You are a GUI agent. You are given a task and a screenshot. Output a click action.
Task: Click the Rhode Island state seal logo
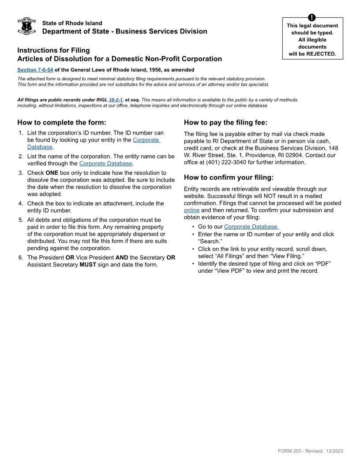pyautogui.click(x=26, y=26)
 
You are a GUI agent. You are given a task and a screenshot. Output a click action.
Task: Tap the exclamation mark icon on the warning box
pyautogui.click(x=312, y=18)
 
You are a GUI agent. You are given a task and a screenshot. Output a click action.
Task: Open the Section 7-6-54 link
pyautogui.click(x=35, y=70)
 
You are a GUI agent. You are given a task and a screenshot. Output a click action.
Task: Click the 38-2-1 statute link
pyautogui.click(x=115, y=100)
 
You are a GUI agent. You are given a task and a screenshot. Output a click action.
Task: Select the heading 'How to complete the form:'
pyautogui.click(x=62, y=123)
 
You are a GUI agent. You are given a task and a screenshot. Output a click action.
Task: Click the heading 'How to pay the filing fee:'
pyautogui.click(x=225, y=123)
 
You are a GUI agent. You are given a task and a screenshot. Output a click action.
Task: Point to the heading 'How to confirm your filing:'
pyautogui.click(x=229, y=177)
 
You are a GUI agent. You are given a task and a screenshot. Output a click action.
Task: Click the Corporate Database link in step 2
pyautogui.click(x=106, y=163)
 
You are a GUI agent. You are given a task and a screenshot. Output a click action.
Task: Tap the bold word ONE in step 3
pyautogui.click(x=52, y=173)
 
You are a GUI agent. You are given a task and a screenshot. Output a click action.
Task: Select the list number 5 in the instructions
pyautogui.click(x=21, y=220)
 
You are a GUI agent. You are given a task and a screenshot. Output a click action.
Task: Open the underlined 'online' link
pyautogui.click(x=191, y=210)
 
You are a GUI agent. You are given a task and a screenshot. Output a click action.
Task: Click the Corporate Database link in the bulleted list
pyautogui.click(x=251, y=227)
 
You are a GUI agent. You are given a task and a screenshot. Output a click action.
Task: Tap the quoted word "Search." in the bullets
pyautogui.click(x=210, y=241)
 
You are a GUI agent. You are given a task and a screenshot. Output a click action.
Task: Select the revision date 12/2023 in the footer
pyautogui.click(x=334, y=451)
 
